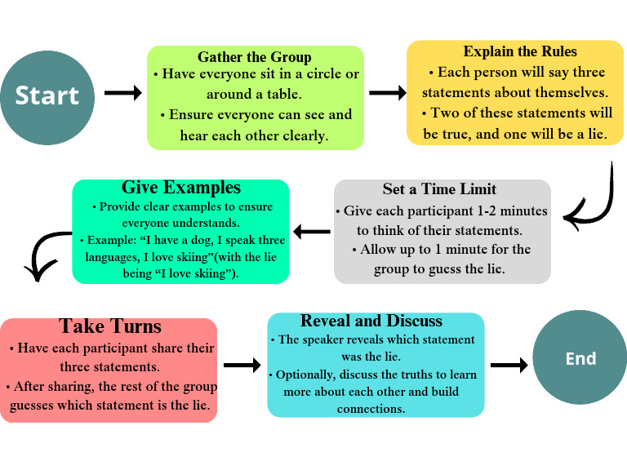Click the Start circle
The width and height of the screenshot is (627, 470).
47,95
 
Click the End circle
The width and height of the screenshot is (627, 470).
580,358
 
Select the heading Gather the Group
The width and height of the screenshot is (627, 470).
255,57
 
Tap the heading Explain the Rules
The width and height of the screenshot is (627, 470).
520,52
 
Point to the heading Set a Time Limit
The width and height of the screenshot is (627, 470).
439,189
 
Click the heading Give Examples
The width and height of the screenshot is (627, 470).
181,188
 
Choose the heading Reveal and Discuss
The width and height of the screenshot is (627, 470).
371,321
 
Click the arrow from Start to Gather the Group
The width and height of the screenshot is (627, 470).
123,93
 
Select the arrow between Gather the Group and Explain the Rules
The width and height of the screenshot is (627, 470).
388,93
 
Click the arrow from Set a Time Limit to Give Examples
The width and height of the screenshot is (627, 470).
311,232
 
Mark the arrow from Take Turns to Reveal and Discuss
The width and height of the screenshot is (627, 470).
242,365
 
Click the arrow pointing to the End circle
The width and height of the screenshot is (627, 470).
509,365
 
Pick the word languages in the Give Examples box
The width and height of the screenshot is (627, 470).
111,257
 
